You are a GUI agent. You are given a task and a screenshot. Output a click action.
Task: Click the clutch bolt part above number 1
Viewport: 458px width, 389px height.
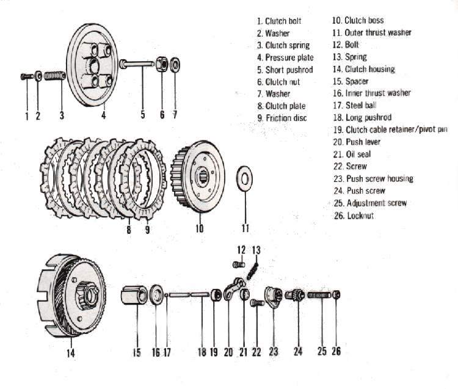pyautogui.click(x=26, y=76)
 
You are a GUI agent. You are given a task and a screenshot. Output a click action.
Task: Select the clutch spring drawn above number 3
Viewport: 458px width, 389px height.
pyautogui.click(x=54, y=75)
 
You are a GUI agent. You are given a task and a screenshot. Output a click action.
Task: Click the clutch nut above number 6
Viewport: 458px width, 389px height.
pyautogui.click(x=162, y=64)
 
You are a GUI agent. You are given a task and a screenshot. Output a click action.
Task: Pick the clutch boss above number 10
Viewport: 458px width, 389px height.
pyautogui.click(x=199, y=177)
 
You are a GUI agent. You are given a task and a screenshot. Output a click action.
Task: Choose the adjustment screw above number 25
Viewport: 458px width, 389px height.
pyautogui.click(x=319, y=295)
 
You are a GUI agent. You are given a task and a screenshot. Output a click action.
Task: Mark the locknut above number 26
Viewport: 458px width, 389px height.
pyautogui.click(x=336, y=295)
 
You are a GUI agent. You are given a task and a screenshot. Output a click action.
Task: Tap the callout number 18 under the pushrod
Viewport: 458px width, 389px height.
pyautogui.click(x=201, y=352)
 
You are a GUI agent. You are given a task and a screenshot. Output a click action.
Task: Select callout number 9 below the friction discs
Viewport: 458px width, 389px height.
pyautogui.click(x=147, y=230)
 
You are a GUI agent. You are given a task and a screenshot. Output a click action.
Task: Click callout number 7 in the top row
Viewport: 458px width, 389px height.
pyautogui.click(x=175, y=114)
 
